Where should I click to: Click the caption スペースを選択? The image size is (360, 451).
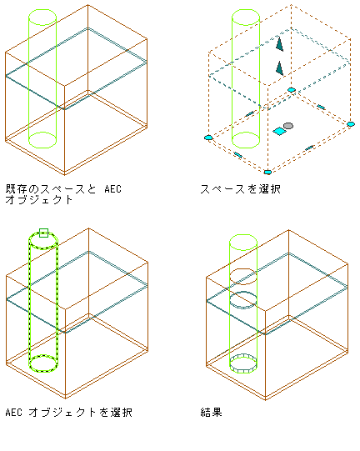tap(240, 189)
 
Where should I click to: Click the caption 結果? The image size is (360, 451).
tap(211, 412)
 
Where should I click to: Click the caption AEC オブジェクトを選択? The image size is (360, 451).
tap(69, 412)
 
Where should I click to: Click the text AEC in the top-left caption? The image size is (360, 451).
tap(113, 189)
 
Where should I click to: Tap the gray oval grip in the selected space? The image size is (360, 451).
tap(288, 126)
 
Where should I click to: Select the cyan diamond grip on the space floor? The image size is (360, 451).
tap(279, 131)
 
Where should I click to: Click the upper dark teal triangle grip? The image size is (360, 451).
tap(279, 43)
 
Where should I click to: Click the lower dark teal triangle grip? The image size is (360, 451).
tap(279, 68)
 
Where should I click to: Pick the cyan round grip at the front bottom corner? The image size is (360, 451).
tap(267, 172)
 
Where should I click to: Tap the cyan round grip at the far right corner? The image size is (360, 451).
tap(351, 124)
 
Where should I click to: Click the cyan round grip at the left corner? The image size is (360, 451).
tap(208, 138)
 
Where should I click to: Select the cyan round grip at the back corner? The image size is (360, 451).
tap(292, 90)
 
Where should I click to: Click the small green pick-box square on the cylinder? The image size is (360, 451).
tap(43, 233)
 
